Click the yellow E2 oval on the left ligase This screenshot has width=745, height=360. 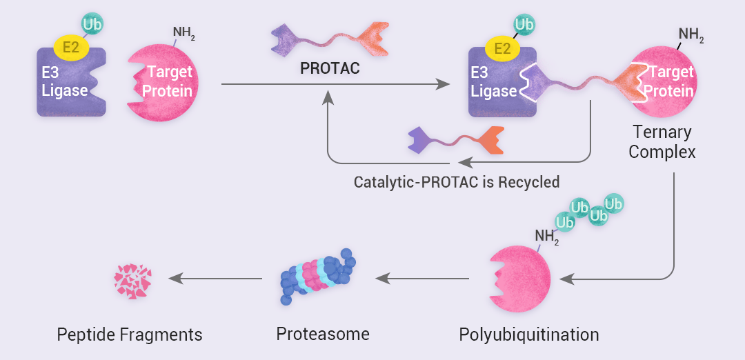pos(71,47)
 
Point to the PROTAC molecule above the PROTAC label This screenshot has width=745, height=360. pos(330,39)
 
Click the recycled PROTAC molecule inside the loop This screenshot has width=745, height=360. pos(455,139)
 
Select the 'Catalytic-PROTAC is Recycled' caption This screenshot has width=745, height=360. pos(456,183)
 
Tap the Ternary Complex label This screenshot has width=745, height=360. pos(662,141)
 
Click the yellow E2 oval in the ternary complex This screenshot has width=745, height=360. pos(503,48)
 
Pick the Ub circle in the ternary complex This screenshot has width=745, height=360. pos(524,25)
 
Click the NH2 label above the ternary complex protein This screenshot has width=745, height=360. pos(691,34)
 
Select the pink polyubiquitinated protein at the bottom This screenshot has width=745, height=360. pos(521,279)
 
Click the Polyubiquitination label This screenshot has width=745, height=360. pos(528,335)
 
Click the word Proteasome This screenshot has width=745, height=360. pos(323,334)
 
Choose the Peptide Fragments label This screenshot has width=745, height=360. pos(130,335)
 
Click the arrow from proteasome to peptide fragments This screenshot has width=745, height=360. pos(216,279)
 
